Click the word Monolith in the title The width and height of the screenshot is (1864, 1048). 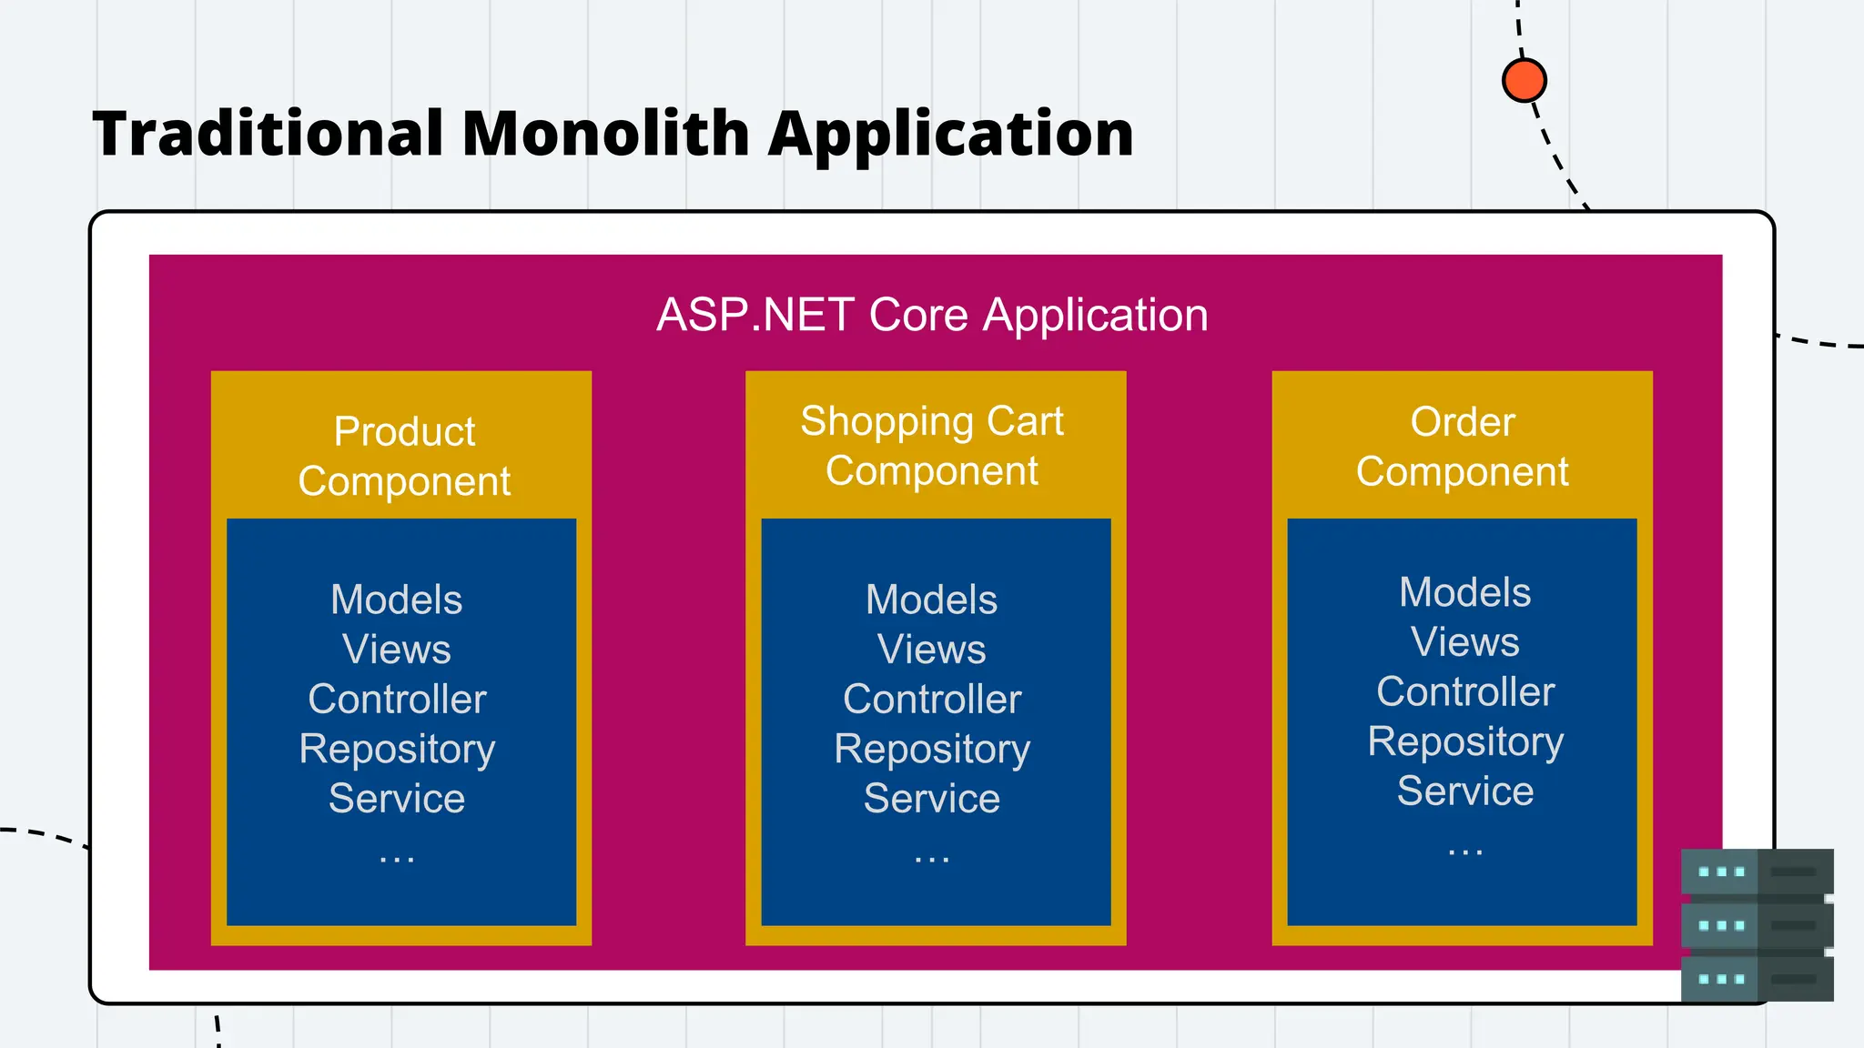pos(605,134)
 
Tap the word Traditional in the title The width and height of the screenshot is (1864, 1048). pos(268,134)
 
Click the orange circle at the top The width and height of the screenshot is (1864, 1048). pos(1524,80)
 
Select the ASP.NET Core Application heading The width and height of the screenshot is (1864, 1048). pos(932,315)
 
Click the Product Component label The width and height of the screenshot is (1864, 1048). pos(404,456)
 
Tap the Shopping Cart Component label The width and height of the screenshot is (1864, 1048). pos(932,446)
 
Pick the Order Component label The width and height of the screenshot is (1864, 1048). pos(1462,447)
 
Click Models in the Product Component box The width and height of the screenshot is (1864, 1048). pos(397,600)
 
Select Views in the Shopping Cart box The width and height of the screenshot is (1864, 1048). pos(931,650)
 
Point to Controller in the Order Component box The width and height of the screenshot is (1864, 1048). pos(1465,691)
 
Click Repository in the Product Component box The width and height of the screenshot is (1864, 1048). pos(397,749)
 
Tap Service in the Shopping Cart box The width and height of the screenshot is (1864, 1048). pos(931,798)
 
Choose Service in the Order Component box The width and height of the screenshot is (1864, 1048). pos(1465,791)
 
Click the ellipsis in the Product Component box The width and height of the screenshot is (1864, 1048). pos(397,858)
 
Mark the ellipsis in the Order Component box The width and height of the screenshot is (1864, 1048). pos(1465,851)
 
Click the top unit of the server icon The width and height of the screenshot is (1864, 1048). pos(1757,872)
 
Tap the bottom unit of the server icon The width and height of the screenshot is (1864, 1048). pos(1757,979)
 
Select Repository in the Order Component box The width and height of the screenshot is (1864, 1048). pos(1465,741)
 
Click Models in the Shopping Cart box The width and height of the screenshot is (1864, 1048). pos(931,600)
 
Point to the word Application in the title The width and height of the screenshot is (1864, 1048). pos(950,134)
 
